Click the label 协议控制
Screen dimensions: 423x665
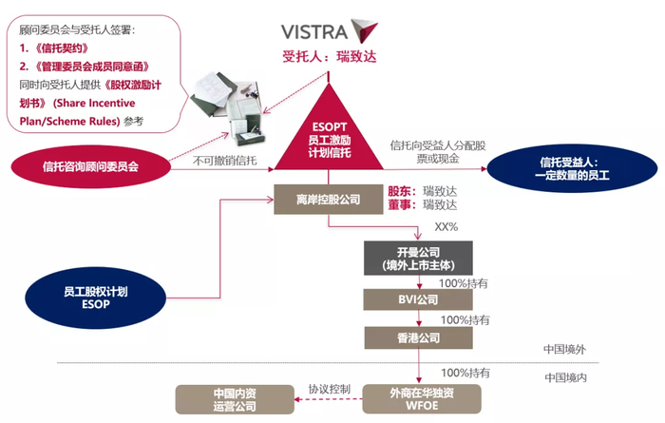pyautogui.click(x=329, y=389)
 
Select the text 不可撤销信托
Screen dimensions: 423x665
pyautogui.click(x=225, y=161)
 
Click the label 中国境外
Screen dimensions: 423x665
pyautogui.click(x=566, y=349)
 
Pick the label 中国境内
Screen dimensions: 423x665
pyautogui.click(x=566, y=377)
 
